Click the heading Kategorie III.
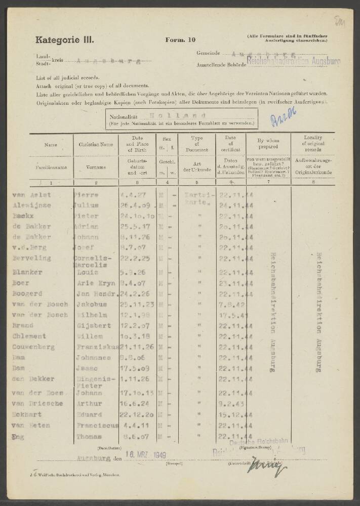64,39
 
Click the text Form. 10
180,40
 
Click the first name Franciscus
96,426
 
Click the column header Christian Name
96,144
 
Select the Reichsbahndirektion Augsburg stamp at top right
293,61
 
